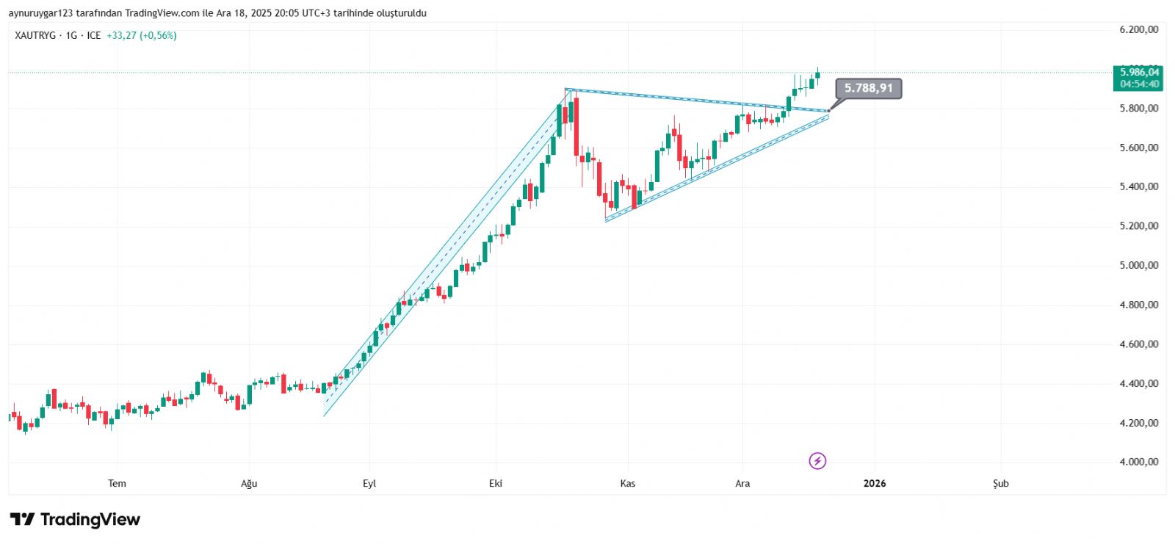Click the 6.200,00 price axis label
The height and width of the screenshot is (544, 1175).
point(1138,30)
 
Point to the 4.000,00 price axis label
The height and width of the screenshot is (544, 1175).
point(1138,462)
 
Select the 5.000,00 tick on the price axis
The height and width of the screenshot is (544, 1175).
point(1138,266)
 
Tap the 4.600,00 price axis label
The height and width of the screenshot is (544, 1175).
point(1138,344)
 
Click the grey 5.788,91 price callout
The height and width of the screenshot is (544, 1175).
point(868,88)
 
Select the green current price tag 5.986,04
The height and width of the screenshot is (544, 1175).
point(1139,72)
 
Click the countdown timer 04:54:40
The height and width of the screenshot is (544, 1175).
point(1139,84)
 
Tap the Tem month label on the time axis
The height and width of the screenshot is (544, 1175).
point(117,483)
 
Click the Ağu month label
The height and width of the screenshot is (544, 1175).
point(249,483)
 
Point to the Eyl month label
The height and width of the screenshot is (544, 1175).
point(369,483)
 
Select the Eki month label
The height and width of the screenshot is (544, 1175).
point(496,483)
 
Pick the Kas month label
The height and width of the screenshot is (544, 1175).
point(627,483)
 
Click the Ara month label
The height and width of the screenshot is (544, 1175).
point(742,483)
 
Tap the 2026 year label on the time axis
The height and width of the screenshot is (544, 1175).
point(874,483)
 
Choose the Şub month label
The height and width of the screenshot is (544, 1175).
point(1001,483)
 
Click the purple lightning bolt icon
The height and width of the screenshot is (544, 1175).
point(817,461)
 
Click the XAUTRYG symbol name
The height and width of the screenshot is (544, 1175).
point(35,35)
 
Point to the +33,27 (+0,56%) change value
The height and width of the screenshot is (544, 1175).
point(142,35)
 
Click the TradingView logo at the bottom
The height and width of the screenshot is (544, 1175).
point(75,520)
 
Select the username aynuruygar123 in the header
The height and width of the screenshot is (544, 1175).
point(40,13)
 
